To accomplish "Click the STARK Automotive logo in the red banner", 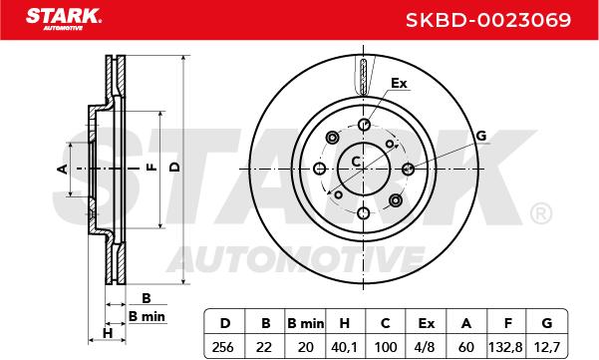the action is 64,19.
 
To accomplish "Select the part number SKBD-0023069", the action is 488,20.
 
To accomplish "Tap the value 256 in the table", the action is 222,347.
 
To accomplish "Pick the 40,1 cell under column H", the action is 344,347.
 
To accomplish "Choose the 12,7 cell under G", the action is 546,347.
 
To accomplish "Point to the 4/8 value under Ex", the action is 425,347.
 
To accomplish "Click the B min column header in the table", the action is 306,324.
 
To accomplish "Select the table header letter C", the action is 385,324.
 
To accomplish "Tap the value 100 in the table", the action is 386,347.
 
